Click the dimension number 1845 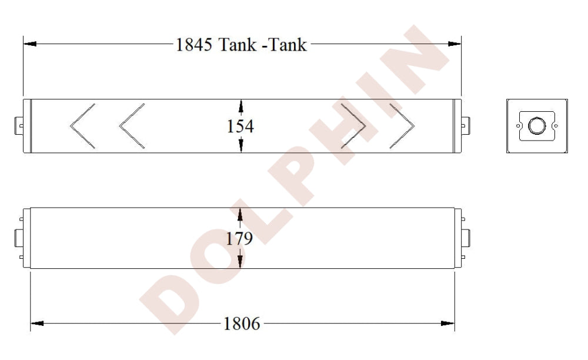pyautogui.click(x=194, y=45)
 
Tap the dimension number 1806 pyautogui.click(x=242, y=323)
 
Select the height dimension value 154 pyautogui.click(x=240, y=126)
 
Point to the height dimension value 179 pyautogui.click(x=240, y=238)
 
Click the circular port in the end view pyautogui.click(x=536, y=126)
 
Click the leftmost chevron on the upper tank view pyautogui.click(x=82, y=126)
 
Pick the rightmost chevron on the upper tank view pyautogui.click(x=402, y=126)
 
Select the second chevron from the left pyautogui.click(x=132, y=126)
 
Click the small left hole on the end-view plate pyautogui.click(x=518, y=125)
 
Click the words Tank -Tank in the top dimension pyautogui.click(x=263, y=45)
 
